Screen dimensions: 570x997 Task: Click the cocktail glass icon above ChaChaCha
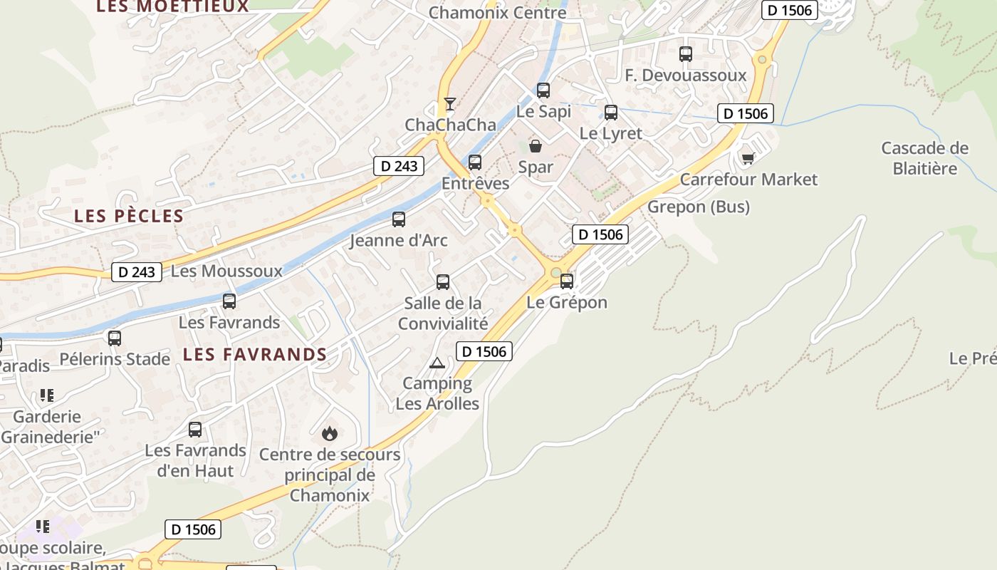pyautogui.click(x=449, y=104)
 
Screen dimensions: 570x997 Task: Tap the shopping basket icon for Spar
pyautogui.click(x=536, y=146)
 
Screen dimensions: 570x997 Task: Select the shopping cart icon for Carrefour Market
pyautogui.click(x=748, y=157)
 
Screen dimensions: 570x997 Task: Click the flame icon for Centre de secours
pyautogui.click(x=329, y=432)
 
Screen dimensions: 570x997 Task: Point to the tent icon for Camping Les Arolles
pyautogui.click(x=437, y=363)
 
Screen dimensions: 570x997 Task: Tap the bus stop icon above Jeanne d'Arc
pyautogui.click(x=399, y=219)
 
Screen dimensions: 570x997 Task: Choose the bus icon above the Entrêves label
pyautogui.click(x=475, y=162)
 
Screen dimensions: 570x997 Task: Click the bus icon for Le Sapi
pyautogui.click(x=543, y=90)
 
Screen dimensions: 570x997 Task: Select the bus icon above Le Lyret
pyautogui.click(x=611, y=113)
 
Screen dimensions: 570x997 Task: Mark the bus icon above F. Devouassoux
pyautogui.click(x=686, y=54)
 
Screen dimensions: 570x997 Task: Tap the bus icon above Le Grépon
pyautogui.click(x=567, y=281)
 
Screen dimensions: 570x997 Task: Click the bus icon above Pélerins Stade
pyautogui.click(x=115, y=338)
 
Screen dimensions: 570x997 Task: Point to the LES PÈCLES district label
pyautogui.click(x=129, y=216)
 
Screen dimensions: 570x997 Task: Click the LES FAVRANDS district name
pyautogui.click(x=255, y=354)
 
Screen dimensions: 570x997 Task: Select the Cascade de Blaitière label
pyautogui.click(x=924, y=158)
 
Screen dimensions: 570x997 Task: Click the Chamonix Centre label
pyautogui.click(x=498, y=12)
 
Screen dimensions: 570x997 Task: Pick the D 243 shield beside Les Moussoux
pyautogui.click(x=137, y=271)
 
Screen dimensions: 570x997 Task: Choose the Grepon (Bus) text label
pyautogui.click(x=698, y=207)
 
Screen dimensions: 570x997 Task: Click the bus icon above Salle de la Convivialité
pyautogui.click(x=443, y=282)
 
